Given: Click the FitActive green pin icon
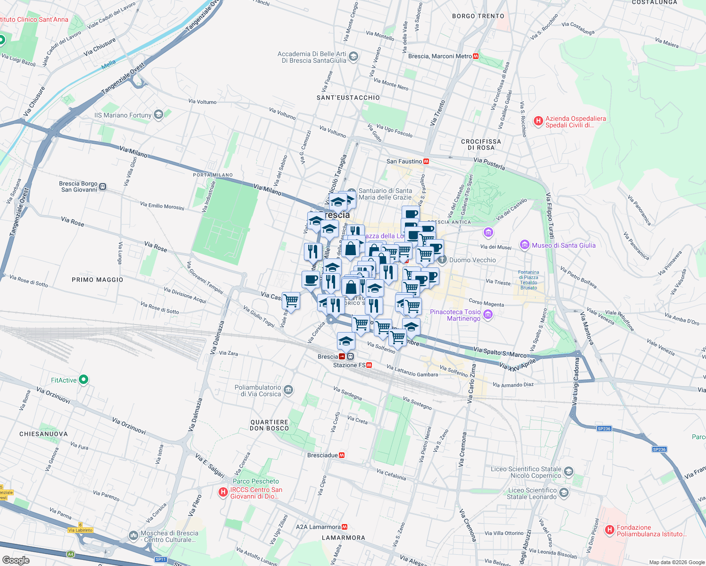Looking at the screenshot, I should (84, 380).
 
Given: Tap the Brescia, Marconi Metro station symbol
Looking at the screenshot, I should (476, 56).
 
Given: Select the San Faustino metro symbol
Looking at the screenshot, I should (426, 161).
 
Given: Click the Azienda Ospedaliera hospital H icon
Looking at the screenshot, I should (538, 121).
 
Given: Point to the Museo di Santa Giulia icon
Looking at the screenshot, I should (524, 245).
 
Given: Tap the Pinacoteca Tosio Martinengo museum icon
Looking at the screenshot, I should (488, 315).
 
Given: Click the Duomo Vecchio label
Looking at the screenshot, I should (472, 260).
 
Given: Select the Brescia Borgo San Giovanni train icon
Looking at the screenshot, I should (103, 187).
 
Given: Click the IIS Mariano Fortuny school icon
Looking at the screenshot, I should (159, 115).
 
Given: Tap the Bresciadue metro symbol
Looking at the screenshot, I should (342, 455).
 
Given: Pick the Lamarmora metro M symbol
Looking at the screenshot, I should (345, 527).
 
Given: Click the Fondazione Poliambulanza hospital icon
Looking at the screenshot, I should (609, 531).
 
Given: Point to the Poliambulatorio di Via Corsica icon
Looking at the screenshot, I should (289, 391).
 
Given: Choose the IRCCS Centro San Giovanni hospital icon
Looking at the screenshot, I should (223, 492).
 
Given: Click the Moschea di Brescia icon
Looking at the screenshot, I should (134, 536).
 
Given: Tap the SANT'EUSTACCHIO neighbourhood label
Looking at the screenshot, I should (348, 98).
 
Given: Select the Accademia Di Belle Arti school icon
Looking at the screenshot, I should (353, 57).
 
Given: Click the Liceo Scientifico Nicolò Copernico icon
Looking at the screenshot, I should (569, 472).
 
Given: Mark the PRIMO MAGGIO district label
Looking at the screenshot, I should (97, 280).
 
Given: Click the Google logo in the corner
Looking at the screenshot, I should (16, 560).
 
